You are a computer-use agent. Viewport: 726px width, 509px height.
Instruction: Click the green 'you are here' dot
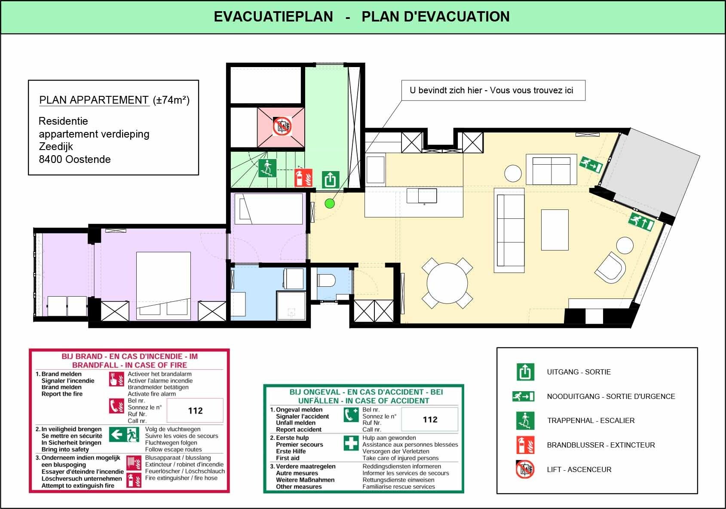click(330, 203)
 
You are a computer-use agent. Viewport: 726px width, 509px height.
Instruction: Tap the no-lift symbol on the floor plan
click(282, 126)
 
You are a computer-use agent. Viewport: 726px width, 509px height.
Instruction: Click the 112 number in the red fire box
click(195, 411)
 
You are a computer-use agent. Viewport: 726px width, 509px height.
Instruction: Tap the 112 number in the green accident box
click(430, 420)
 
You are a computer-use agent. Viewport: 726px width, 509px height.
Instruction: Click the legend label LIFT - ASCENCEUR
click(579, 469)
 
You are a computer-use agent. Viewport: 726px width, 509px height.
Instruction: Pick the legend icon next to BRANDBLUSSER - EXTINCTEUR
click(525, 445)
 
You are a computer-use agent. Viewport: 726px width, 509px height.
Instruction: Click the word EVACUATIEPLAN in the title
click(273, 17)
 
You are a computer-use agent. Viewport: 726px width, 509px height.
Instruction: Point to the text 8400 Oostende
click(75, 159)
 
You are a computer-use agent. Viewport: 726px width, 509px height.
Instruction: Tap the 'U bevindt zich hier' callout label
click(491, 90)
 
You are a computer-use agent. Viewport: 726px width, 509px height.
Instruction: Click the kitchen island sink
click(422, 196)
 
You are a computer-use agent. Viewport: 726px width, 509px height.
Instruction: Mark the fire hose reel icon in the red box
click(134, 463)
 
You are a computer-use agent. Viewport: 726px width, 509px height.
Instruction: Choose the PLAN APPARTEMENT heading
click(94, 100)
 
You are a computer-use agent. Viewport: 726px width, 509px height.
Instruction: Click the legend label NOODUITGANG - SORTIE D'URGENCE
click(611, 396)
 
